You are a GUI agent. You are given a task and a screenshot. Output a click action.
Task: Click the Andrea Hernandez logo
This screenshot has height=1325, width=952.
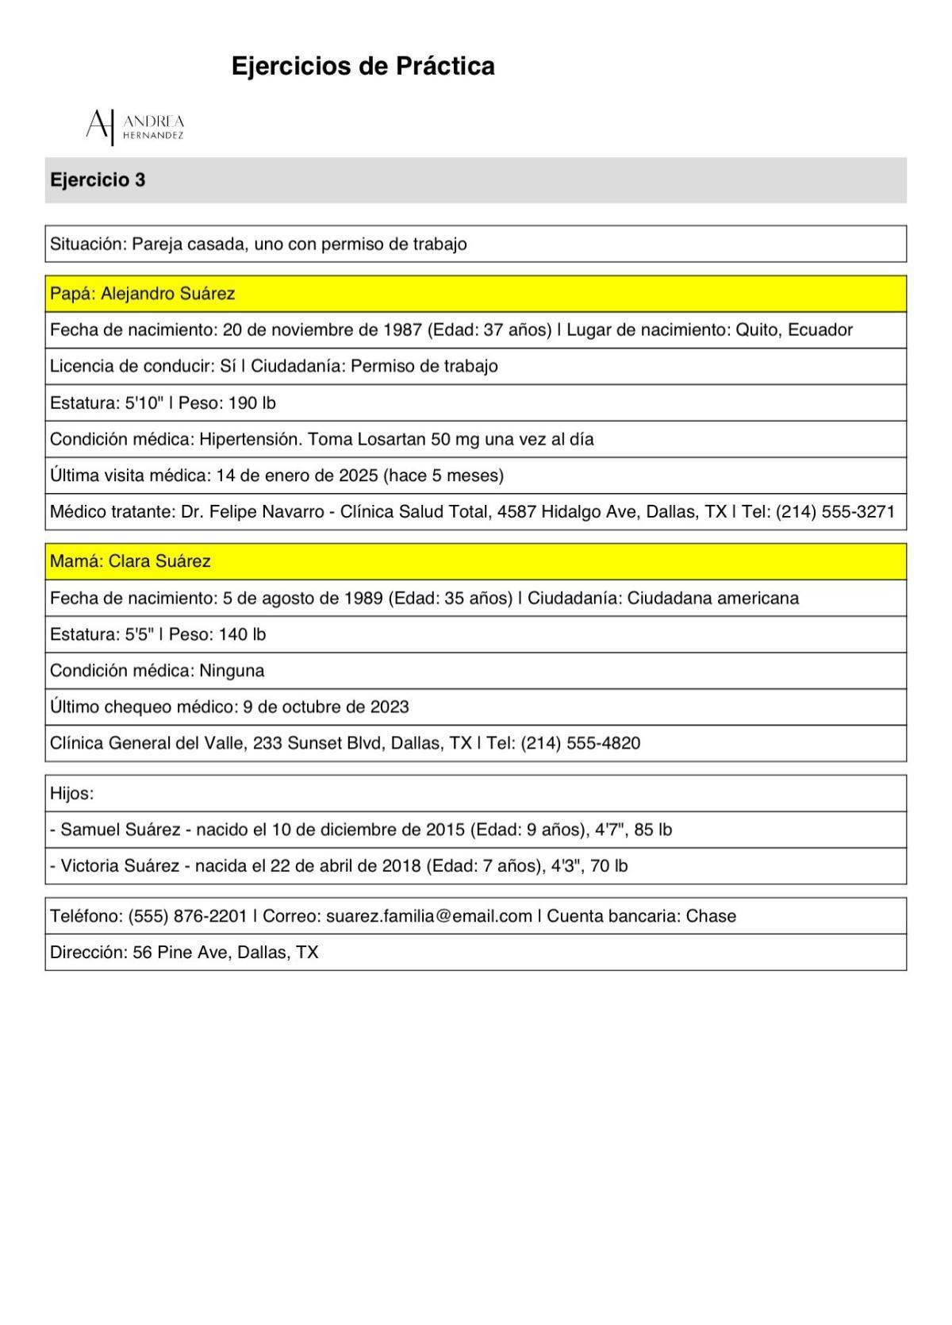pyautogui.click(x=135, y=126)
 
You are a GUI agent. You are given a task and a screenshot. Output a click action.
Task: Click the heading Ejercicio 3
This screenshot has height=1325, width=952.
pyautogui.click(x=98, y=180)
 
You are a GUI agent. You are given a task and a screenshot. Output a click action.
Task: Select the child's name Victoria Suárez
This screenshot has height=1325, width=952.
pyautogui.click(x=120, y=866)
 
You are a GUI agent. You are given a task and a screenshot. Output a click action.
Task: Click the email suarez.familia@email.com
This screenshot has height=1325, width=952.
pyautogui.click(x=429, y=916)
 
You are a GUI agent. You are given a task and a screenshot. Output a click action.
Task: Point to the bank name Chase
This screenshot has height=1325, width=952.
pyautogui.click(x=711, y=916)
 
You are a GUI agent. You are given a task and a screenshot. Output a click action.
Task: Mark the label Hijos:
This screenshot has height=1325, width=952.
pyautogui.click(x=71, y=793)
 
